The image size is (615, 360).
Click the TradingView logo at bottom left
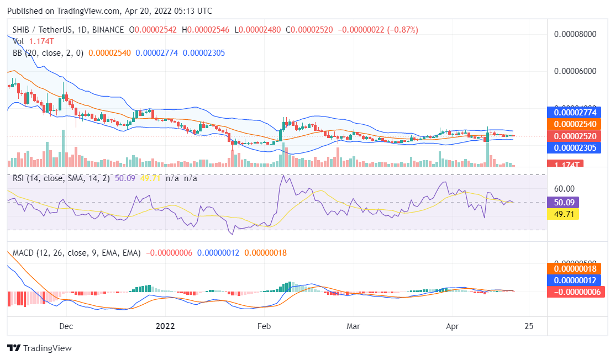(x=39, y=348)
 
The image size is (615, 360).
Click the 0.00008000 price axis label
(x=575, y=34)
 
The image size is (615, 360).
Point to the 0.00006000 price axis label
(x=575, y=71)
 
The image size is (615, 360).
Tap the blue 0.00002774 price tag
(x=575, y=112)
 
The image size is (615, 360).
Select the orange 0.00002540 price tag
(x=575, y=124)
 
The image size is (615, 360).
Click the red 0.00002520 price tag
(x=575, y=136)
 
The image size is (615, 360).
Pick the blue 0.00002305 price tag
(x=575, y=147)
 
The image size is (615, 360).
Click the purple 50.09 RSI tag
(x=563, y=203)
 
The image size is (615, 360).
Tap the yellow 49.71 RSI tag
(x=563, y=214)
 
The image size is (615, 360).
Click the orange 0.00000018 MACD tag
(x=575, y=269)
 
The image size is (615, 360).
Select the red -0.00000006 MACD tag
(x=575, y=292)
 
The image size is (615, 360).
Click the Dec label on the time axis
(x=66, y=326)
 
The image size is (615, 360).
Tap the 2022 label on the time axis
(x=165, y=326)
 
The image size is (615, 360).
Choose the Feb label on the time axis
(x=264, y=326)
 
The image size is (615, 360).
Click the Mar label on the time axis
(x=353, y=326)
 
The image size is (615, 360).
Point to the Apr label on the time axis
(x=452, y=326)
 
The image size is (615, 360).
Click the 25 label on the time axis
(x=529, y=326)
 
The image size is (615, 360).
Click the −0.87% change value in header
(x=403, y=30)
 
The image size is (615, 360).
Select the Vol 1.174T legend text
(x=33, y=41)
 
